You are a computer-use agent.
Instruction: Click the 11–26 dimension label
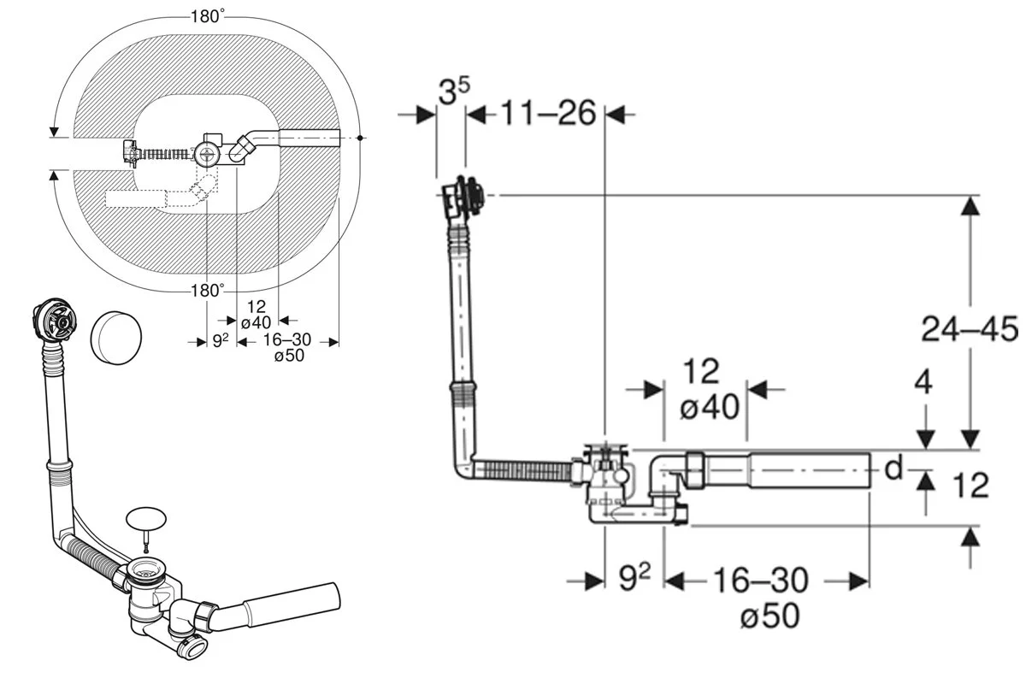pos(548,113)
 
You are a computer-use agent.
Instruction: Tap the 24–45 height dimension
pos(970,329)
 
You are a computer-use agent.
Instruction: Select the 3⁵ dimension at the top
pos(454,91)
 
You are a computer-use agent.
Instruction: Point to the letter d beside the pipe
pos(893,468)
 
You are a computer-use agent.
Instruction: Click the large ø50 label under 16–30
pos(769,616)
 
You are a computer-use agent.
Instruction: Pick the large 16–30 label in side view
pos(760,581)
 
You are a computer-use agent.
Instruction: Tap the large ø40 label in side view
pos(710,406)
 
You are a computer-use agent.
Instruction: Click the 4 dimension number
pos(923,382)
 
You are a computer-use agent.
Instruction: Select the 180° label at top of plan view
pos(208,16)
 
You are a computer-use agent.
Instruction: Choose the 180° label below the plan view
pos(208,290)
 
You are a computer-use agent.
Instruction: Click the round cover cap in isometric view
pos(116,338)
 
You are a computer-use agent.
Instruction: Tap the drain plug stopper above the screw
pos(145,517)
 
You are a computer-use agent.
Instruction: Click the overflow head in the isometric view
pos(55,318)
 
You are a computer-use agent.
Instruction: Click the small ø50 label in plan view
pos(289,356)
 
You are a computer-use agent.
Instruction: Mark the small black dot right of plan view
pos(360,138)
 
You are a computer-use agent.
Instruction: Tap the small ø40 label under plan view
pos(256,322)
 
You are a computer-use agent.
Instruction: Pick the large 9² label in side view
pos(634,577)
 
